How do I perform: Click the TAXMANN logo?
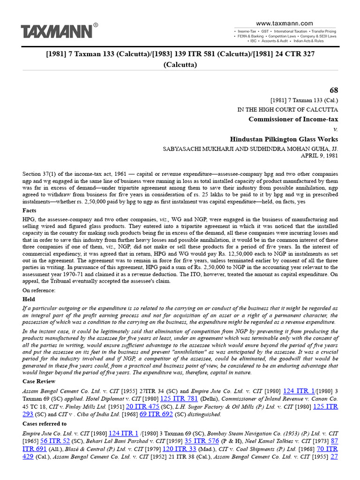56,32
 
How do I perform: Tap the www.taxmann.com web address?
285,23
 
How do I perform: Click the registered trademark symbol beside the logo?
96,25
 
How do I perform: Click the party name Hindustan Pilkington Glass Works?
284,139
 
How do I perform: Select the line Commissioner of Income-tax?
293,119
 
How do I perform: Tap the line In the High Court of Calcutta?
287,109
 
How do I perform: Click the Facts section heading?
30,210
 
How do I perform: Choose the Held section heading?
29,299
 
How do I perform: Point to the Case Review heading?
39,381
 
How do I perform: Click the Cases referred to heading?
45,424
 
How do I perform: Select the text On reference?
39,290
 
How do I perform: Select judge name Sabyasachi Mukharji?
196,149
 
